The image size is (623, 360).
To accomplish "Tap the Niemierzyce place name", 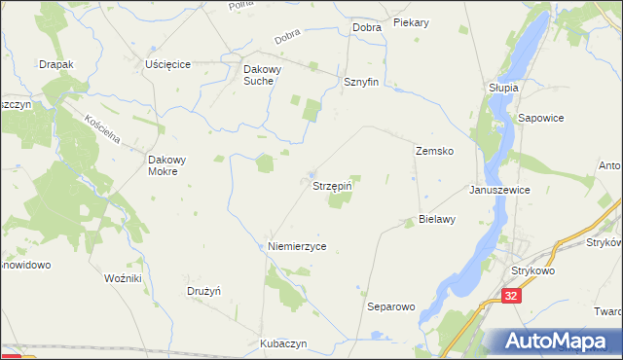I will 297,247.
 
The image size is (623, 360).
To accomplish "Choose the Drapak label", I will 56,64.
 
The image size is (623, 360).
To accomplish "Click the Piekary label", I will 412,21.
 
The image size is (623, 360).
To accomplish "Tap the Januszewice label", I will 499,191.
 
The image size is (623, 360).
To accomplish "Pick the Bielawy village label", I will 437,220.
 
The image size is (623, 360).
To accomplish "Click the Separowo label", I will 391,306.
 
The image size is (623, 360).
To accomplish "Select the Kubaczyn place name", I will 283,344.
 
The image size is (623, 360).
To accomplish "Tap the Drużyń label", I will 204,291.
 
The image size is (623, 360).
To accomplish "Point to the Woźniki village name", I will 123,278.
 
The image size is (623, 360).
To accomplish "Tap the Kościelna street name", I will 101,128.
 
